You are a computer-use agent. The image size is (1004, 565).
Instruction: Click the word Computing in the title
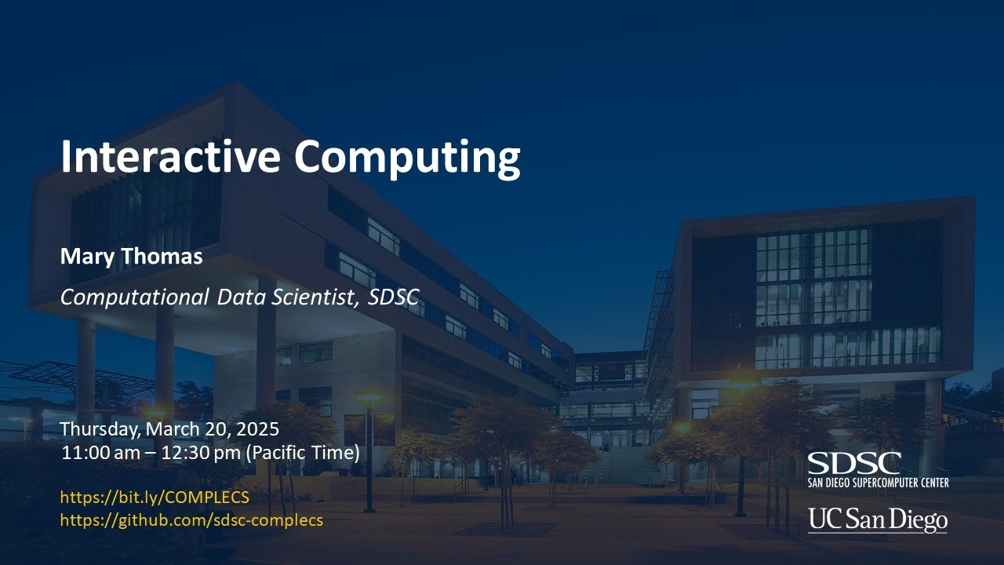point(407,157)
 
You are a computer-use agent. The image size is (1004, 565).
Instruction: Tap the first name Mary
point(82,257)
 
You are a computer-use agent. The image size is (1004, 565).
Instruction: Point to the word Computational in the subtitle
point(134,297)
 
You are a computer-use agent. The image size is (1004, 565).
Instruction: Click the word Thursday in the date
point(96,430)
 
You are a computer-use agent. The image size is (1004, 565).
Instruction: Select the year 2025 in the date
point(256,430)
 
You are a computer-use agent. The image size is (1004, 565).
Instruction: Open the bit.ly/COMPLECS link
point(155,497)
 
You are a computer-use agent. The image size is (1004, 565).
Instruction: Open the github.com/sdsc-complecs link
point(191,519)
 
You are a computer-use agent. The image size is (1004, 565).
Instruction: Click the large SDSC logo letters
point(854,463)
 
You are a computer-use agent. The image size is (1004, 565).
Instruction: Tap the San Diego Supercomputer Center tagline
point(878,482)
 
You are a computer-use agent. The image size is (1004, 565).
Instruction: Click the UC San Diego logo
point(878,519)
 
